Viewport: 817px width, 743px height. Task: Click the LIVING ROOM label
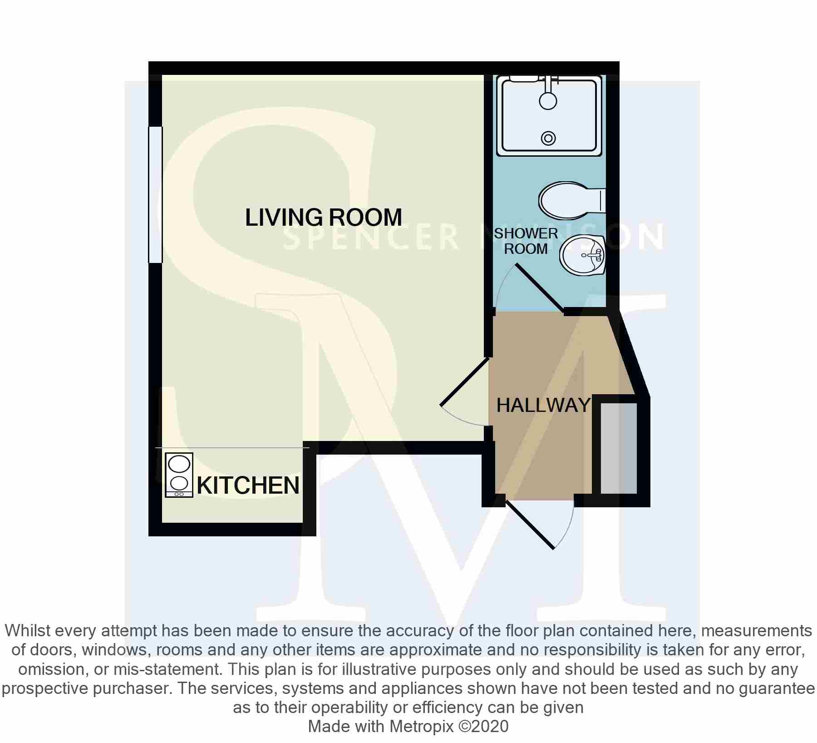click(x=324, y=217)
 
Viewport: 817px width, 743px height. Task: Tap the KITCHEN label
click(x=248, y=485)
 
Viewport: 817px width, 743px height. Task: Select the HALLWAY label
click(x=543, y=405)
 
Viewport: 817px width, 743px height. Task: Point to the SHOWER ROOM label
click(x=526, y=241)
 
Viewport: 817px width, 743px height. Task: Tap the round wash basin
click(x=583, y=256)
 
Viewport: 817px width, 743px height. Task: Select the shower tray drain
click(x=548, y=138)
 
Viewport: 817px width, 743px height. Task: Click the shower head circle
click(x=548, y=100)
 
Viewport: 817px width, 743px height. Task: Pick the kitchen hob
click(x=179, y=475)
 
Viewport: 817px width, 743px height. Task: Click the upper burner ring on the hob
click(x=179, y=464)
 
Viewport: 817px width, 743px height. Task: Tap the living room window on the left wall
click(x=155, y=194)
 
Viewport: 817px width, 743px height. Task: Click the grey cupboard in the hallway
click(x=619, y=447)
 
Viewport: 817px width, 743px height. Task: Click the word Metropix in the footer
click(x=422, y=726)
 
